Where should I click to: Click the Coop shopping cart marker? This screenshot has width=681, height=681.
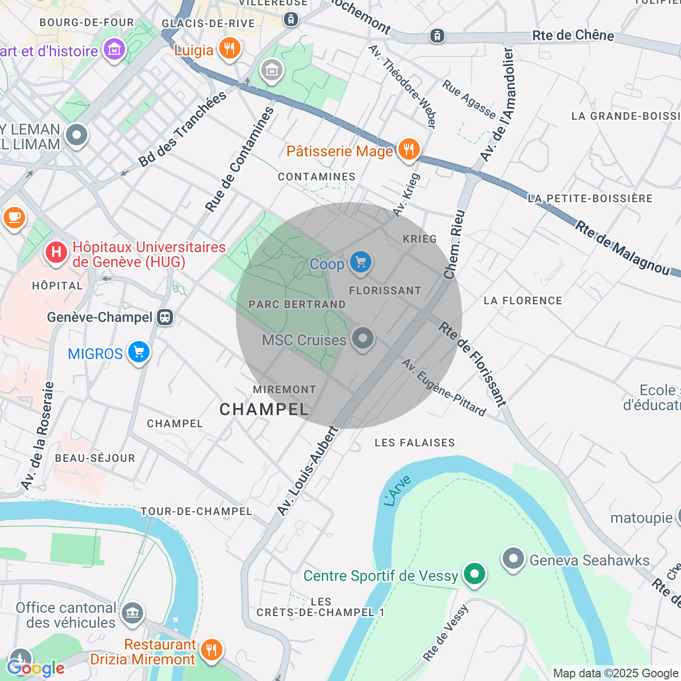361,262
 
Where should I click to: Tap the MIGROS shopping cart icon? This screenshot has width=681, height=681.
139,352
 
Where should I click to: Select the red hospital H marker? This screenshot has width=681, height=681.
56,252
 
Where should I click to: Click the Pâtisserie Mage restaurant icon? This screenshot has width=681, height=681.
409,150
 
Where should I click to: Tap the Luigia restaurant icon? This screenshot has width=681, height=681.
229,49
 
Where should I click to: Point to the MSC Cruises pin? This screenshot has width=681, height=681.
363,338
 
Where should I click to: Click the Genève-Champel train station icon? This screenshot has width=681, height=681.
165,318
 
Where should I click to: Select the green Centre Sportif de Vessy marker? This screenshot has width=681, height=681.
474,574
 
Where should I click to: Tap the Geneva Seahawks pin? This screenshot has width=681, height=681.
513,559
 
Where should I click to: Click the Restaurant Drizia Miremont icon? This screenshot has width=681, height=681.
212,650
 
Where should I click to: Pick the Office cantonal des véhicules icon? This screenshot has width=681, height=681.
132,613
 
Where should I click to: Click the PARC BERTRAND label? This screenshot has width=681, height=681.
297,305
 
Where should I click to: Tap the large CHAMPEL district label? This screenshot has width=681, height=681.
264,409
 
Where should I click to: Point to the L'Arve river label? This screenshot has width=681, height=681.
397,491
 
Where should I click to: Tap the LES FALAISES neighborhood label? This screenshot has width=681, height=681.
414,443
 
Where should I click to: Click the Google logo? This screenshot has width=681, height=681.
36,668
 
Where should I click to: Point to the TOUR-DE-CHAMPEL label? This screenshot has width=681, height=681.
196,511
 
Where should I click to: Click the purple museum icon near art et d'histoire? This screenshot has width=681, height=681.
114,51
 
